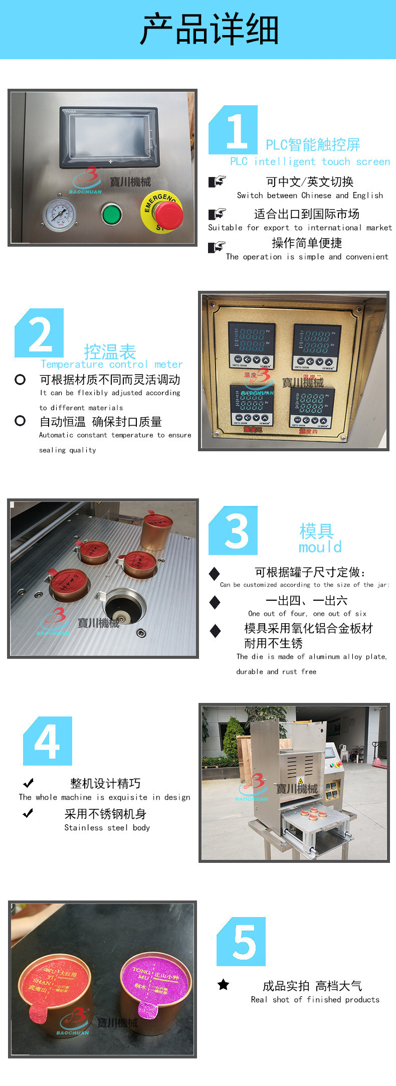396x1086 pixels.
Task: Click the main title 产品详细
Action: (x=209, y=29)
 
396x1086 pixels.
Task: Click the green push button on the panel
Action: (x=111, y=214)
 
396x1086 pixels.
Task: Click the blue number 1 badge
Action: (x=233, y=130)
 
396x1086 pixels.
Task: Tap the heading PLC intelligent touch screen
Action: (x=310, y=161)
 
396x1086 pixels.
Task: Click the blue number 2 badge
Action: (x=39, y=333)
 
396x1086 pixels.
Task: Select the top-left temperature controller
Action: (x=252, y=345)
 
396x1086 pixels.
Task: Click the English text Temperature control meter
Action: (x=111, y=365)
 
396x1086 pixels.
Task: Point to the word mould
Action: (x=320, y=547)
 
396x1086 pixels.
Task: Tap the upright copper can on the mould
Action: (x=157, y=531)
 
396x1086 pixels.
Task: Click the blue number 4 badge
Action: (x=48, y=741)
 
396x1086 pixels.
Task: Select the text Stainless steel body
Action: (x=107, y=828)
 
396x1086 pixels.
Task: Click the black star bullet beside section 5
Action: (x=223, y=985)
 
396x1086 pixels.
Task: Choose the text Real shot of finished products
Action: (x=315, y=999)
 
